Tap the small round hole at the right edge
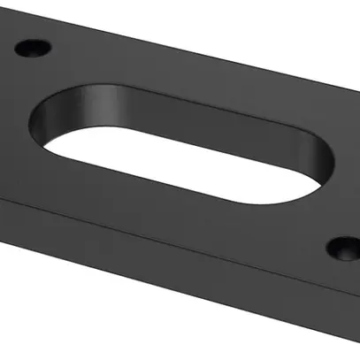[345, 249]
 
